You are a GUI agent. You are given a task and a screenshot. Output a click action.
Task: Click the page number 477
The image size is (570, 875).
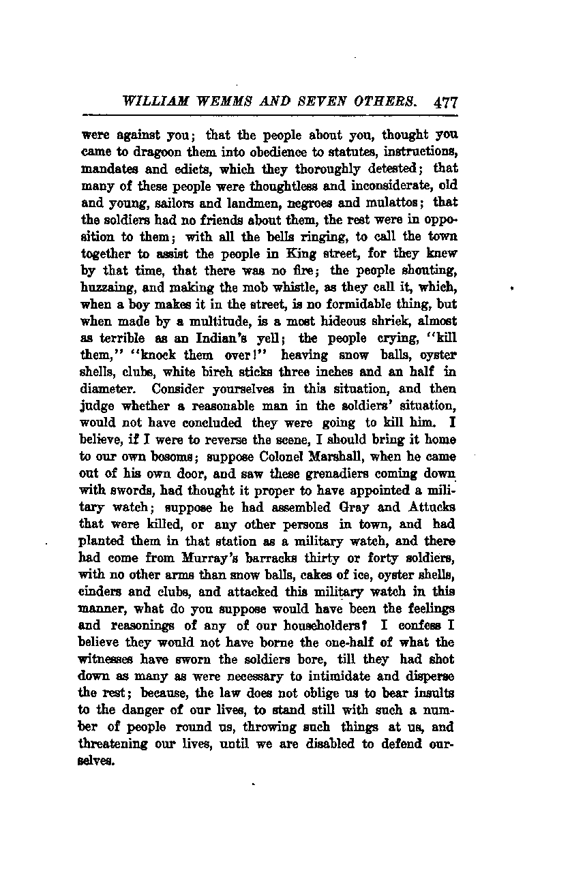(x=445, y=102)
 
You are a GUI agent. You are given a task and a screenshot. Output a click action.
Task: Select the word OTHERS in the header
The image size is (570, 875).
(x=387, y=102)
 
